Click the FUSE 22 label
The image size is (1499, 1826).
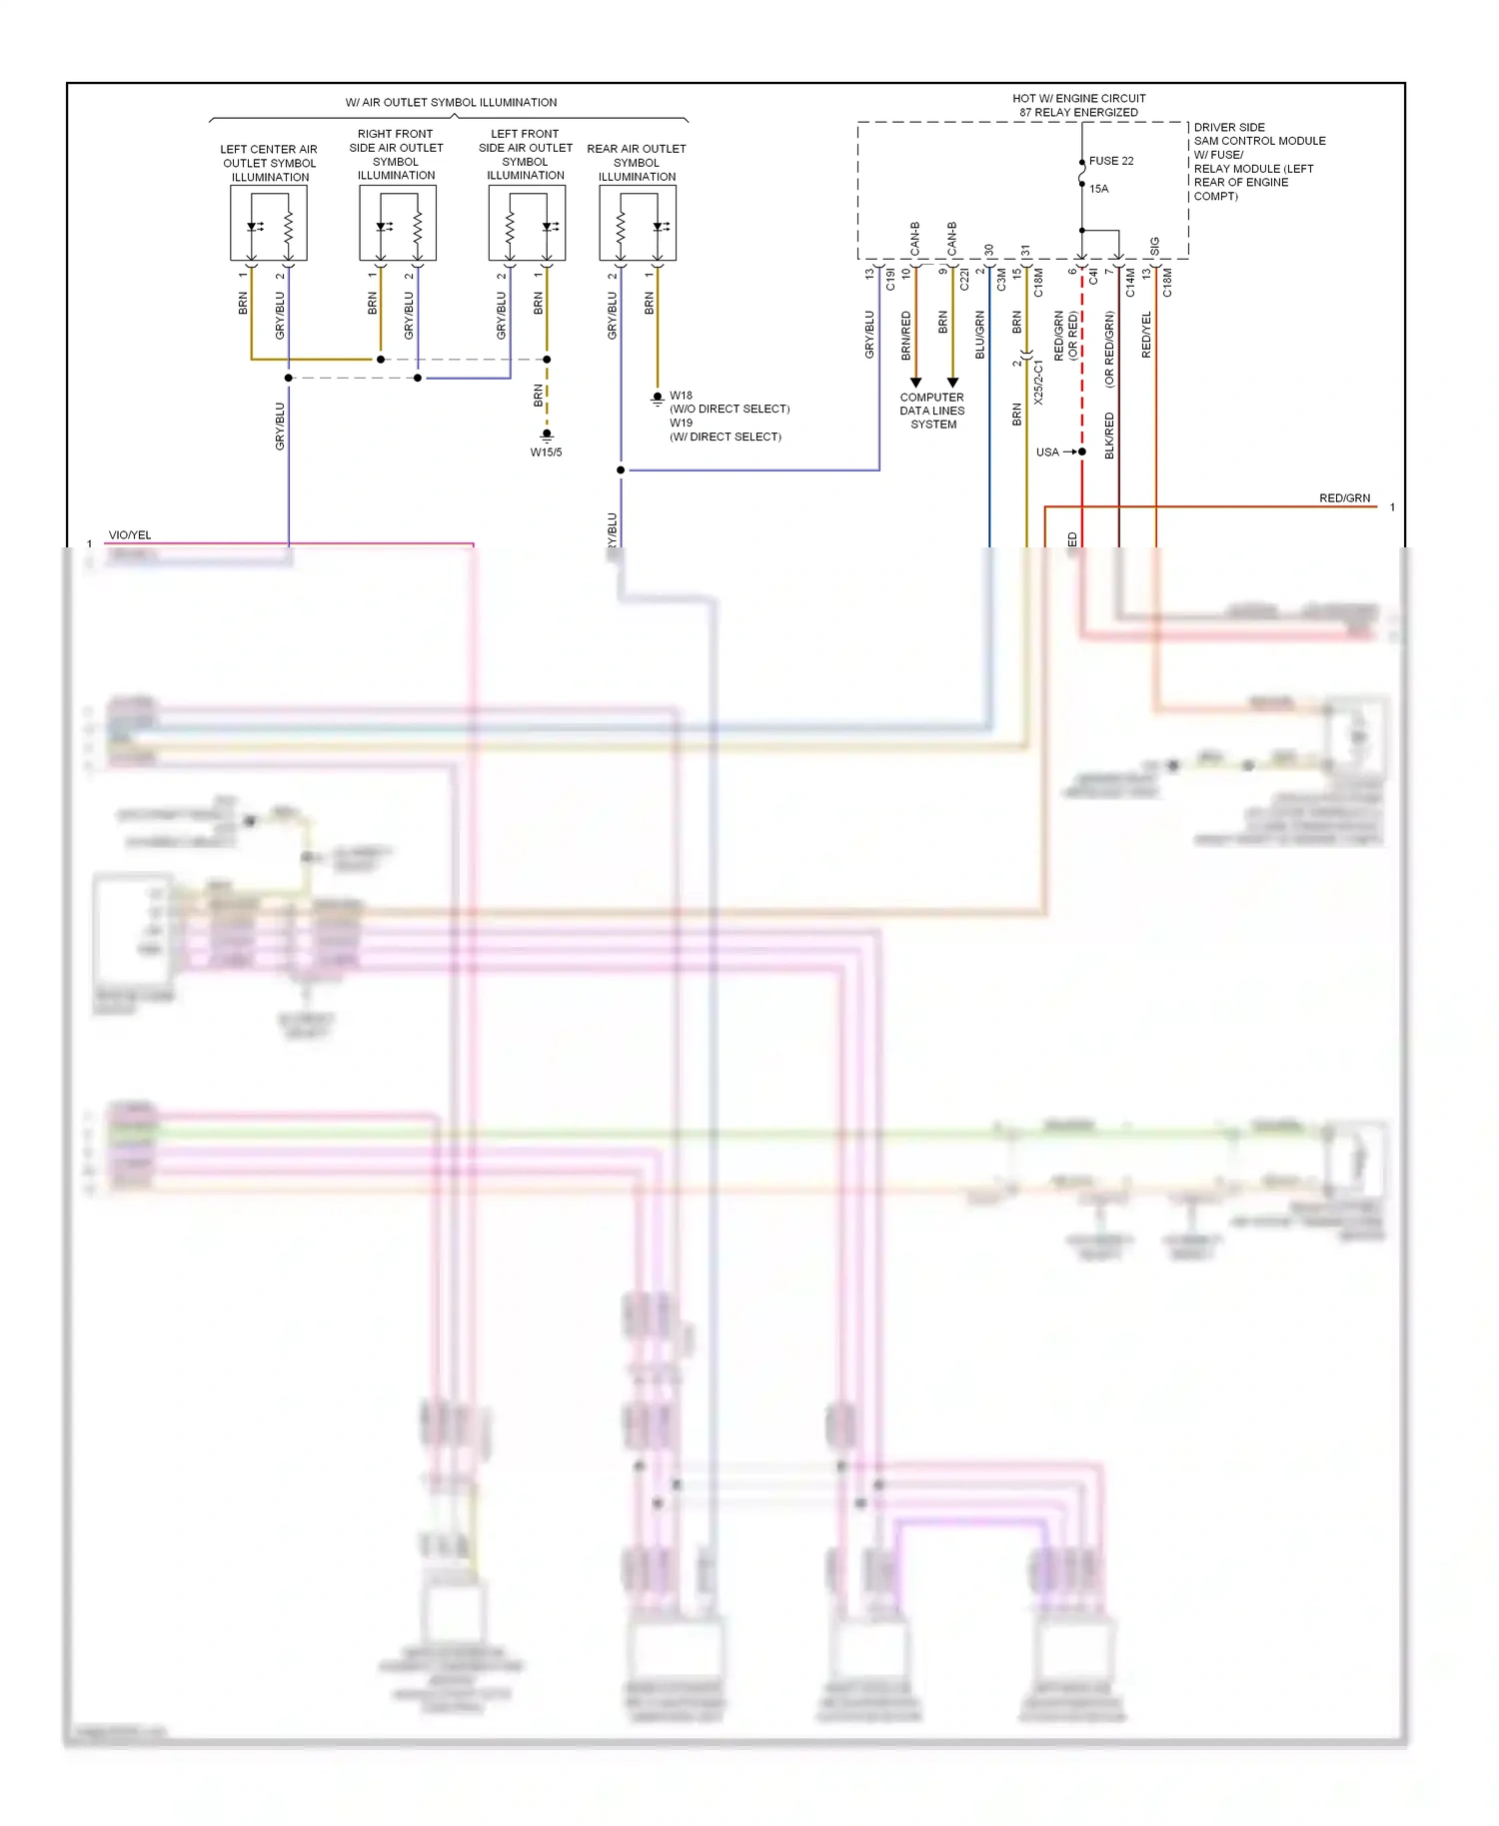[1110, 161]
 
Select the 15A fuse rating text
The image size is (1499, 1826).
[1098, 189]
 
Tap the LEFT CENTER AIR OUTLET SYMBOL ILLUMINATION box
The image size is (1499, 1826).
[268, 224]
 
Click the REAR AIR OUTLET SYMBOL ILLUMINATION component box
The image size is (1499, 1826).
[637, 224]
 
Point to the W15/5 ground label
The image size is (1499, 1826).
[546, 453]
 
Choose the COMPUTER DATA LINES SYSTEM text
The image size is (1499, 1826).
[931, 411]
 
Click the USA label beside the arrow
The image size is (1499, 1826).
[1046, 453]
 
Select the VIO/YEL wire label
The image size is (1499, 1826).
[130, 535]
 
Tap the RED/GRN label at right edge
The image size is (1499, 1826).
[1344, 498]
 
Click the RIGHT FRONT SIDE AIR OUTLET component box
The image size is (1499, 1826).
[397, 224]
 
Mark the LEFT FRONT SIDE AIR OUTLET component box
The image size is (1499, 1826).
[527, 224]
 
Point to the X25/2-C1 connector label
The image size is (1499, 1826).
[1038, 383]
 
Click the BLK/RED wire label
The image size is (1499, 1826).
[1109, 436]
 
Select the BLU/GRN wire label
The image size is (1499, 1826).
[980, 335]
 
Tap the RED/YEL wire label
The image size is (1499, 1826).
[1146, 335]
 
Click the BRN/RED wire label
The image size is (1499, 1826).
[906, 335]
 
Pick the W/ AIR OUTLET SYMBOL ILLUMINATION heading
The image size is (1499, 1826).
[451, 103]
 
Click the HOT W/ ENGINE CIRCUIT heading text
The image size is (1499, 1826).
[1078, 99]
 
